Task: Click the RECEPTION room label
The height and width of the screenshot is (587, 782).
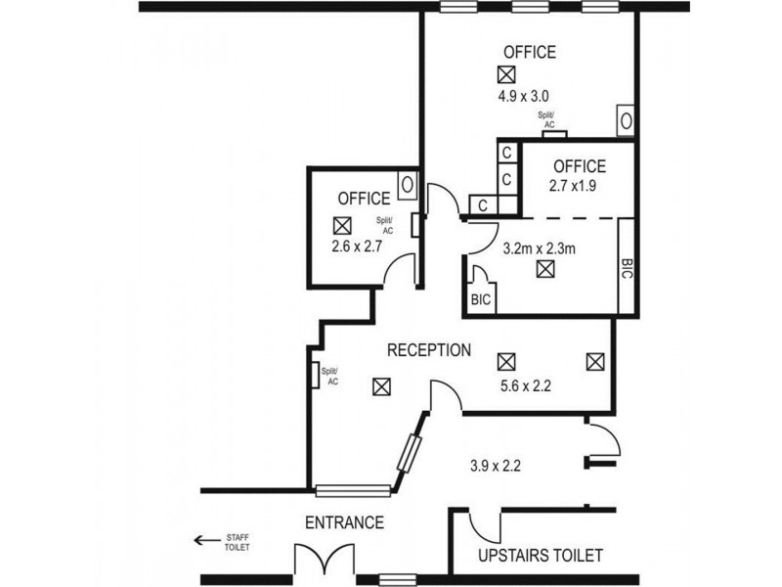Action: (x=429, y=350)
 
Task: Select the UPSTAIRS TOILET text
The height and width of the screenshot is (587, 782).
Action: (x=540, y=556)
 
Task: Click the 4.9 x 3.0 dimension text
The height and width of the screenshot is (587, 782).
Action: (x=523, y=96)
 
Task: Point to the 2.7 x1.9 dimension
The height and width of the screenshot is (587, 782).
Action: (x=578, y=186)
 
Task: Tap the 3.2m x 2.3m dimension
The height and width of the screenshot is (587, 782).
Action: (x=538, y=248)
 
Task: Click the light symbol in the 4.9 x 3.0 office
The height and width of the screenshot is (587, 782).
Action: (x=505, y=74)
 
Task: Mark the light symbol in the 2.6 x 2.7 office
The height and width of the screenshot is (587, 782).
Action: (x=342, y=224)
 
